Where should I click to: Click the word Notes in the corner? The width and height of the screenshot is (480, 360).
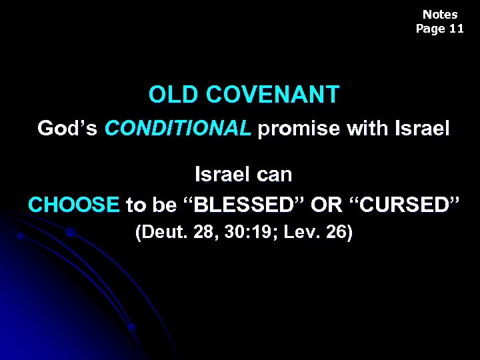(x=440, y=14)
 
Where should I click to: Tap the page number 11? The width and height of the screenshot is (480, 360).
(x=456, y=29)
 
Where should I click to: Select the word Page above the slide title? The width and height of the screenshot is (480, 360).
(x=431, y=29)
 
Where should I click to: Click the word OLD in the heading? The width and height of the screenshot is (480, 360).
(x=175, y=95)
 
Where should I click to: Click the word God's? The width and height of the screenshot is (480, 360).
(x=68, y=128)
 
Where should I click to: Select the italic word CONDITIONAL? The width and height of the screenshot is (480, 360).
(x=178, y=128)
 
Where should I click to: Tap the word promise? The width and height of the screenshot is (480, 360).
(x=299, y=128)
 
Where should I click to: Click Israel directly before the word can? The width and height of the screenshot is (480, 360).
(x=221, y=175)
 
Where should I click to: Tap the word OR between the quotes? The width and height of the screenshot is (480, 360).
(x=327, y=205)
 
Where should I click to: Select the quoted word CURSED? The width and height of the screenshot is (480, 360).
(x=405, y=205)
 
